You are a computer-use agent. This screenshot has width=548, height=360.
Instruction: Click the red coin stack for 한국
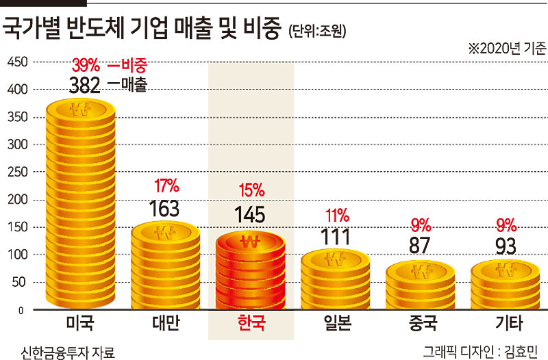point(251,270)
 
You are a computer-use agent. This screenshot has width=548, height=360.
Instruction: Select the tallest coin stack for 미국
point(81,204)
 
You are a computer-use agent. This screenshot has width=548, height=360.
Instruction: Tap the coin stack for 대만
point(166,266)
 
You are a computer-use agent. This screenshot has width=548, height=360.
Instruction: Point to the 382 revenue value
point(84,85)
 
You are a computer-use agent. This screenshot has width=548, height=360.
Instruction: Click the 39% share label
point(86,65)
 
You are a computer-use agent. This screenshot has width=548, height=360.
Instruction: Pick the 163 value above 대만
point(164,209)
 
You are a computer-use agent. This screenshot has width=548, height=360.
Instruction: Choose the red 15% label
point(251,191)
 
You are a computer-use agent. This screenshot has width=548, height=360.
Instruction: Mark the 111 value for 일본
point(336,237)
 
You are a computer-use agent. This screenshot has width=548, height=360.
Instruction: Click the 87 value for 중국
point(419,246)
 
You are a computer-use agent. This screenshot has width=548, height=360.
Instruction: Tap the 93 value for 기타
point(506,246)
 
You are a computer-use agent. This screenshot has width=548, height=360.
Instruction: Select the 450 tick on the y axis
point(18,62)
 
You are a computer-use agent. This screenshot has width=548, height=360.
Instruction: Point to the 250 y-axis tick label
point(18,172)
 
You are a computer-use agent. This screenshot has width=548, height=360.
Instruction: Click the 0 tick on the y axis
point(21,311)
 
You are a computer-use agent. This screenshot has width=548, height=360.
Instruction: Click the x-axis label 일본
point(337,322)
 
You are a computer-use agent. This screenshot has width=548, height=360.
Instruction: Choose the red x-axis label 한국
point(251,322)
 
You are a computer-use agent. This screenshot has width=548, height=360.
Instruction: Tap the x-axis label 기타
point(509,322)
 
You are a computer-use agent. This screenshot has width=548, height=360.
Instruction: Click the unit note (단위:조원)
point(317,31)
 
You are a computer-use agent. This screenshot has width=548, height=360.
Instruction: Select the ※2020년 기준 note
point(508,49)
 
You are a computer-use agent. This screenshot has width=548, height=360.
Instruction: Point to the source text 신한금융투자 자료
point(68,352)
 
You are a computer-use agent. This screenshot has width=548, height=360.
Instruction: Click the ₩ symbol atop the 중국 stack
point(421,271)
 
